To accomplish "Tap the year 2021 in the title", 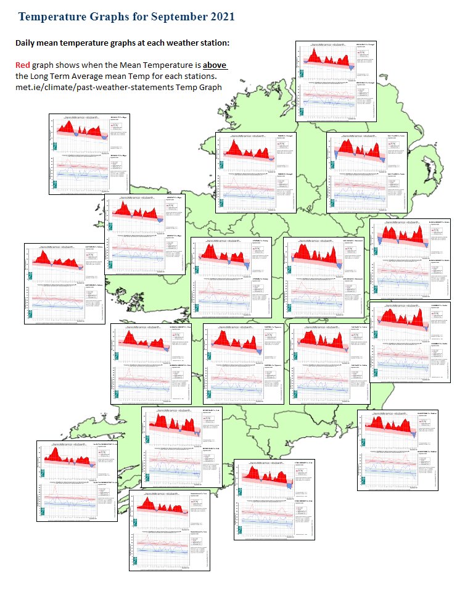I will click(219, 17).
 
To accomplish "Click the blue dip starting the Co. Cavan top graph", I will click(337, 152).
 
